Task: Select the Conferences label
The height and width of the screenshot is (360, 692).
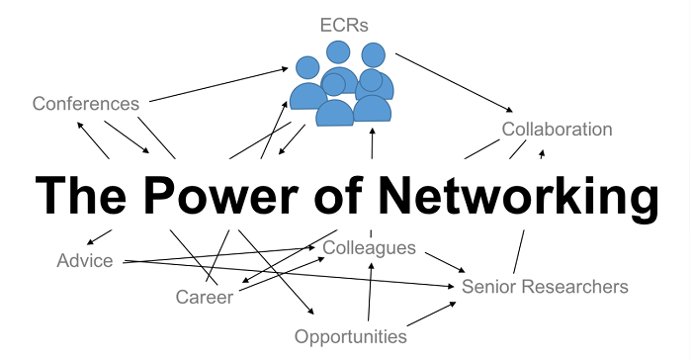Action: (x=85, y=103)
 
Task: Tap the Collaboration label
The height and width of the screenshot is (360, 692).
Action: (x=557, y=130)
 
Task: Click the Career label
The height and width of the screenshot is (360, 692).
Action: (x=204, y=297)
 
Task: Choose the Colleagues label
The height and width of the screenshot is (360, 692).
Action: (x=370, y=247)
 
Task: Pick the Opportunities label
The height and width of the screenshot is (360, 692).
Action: (x=350, y=336)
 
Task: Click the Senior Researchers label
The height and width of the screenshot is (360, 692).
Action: (x=545, y=287)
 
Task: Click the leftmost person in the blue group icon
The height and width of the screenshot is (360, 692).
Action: (x=307, y=87)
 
